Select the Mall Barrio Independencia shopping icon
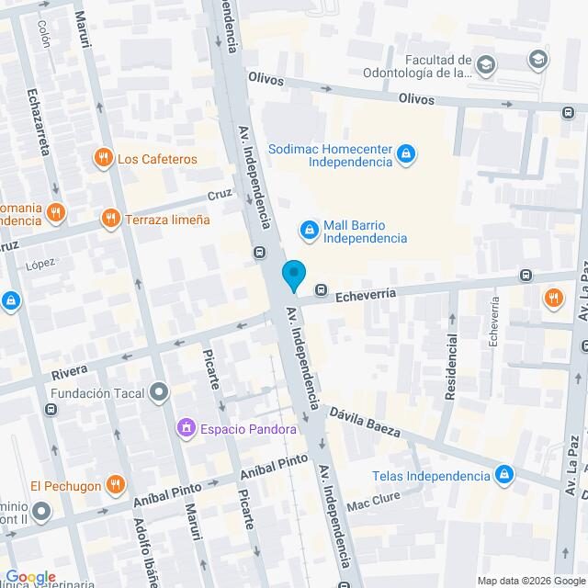point(311,229)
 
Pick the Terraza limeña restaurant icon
point(111,219)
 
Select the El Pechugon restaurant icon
point(115,485)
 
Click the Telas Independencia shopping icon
point(503,475)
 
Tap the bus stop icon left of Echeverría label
point(322,291)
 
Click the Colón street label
point(42,35)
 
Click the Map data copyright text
point(529,580)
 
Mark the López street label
point(41,264)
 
